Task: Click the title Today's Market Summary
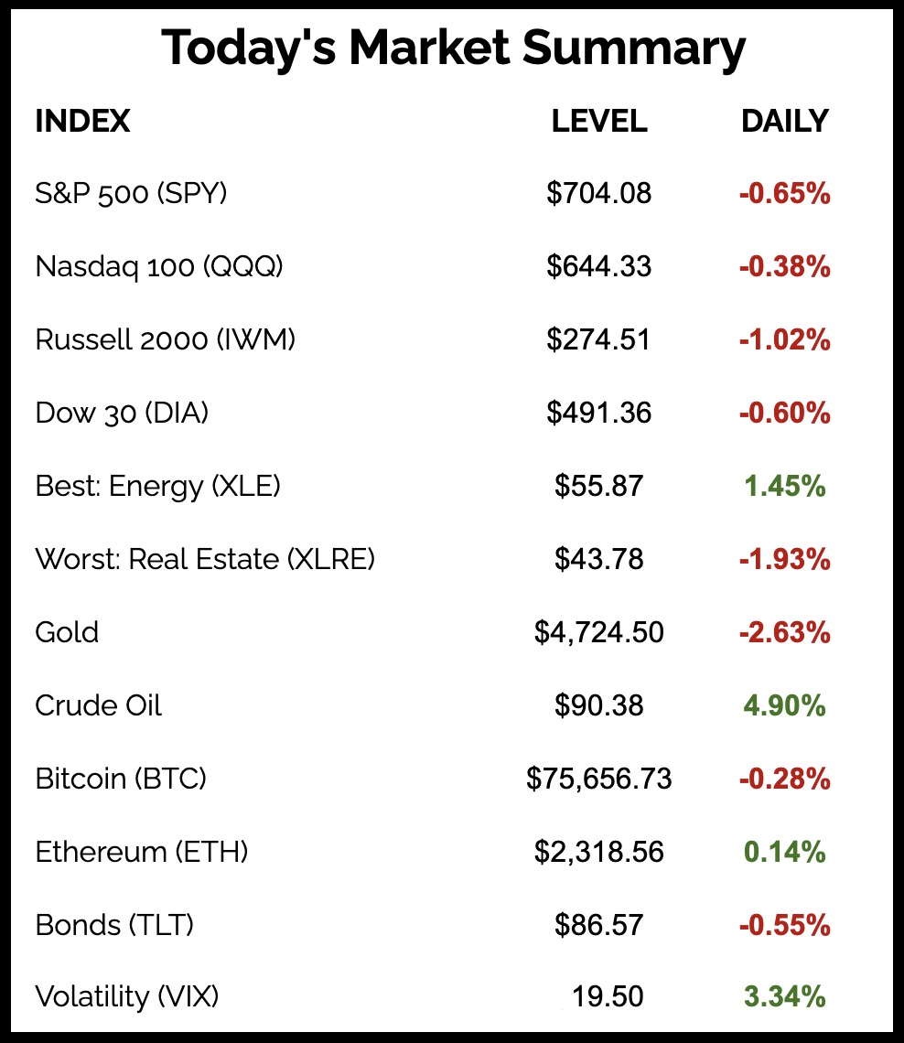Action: coord(452,48)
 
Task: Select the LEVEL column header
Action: coord(599,121)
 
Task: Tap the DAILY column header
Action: coord(784,121)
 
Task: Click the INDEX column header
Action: coord(82,121)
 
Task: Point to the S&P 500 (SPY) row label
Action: coord(131,193)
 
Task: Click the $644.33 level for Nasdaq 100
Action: coord(599,266)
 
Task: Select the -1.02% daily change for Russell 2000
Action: coord(784,339)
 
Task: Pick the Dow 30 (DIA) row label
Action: coord(122,413)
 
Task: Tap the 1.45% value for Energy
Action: coord(784,486)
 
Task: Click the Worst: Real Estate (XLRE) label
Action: coord(205,559)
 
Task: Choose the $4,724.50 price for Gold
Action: coord(599,632)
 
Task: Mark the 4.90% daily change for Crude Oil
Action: coord(784,705)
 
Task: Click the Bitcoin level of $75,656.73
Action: coord(599,779)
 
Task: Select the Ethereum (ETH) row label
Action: coord(142,852)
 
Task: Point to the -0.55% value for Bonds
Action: coord(784,925)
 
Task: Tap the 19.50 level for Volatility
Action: coord(608,996)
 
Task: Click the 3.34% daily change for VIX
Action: coord(784,996)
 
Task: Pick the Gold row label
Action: coord(67,632)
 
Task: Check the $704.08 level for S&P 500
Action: coord(599,193)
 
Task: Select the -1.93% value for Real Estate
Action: coord(784,559)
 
